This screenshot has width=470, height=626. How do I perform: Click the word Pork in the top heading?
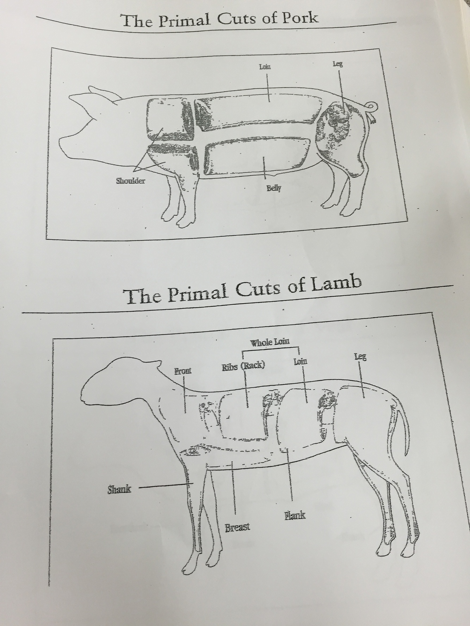tap(301, 16)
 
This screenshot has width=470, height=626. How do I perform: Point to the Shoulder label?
tap(130, 181)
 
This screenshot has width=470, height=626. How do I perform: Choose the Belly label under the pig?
tap(274, 188)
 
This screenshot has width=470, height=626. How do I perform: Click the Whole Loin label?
tap(270, 342)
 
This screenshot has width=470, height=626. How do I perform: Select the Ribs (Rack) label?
tap(243, 366)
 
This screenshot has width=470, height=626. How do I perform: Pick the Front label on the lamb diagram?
tap(183, 371)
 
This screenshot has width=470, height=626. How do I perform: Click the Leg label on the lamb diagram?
tap(360, 358)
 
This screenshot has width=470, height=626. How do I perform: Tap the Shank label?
tap(119, 489)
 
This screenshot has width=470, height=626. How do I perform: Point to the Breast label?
tap(237, 527)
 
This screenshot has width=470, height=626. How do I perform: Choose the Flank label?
tap(295, 516)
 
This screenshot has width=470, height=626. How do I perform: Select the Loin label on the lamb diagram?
tap(300, 361)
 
